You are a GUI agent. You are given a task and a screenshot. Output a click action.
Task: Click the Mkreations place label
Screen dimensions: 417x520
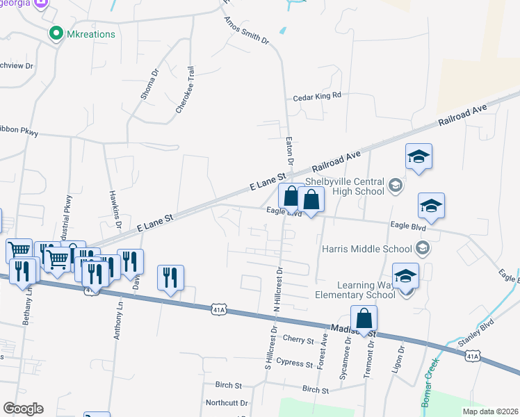[x=91, y=33]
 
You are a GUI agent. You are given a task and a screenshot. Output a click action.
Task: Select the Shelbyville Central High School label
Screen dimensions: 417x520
[x=345, y=186]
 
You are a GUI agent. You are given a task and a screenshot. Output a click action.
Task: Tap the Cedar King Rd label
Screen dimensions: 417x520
[x=317, y=97]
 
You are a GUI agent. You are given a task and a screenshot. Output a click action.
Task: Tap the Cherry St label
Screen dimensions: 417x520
[x=300, y=339]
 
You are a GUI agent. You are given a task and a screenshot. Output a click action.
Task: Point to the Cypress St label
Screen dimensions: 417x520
[x=294, y=363]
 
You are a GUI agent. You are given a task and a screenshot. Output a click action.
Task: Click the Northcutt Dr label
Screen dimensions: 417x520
[x=227, y=403]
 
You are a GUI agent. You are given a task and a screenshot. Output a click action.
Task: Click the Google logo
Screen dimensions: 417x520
[x=23, y=409]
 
